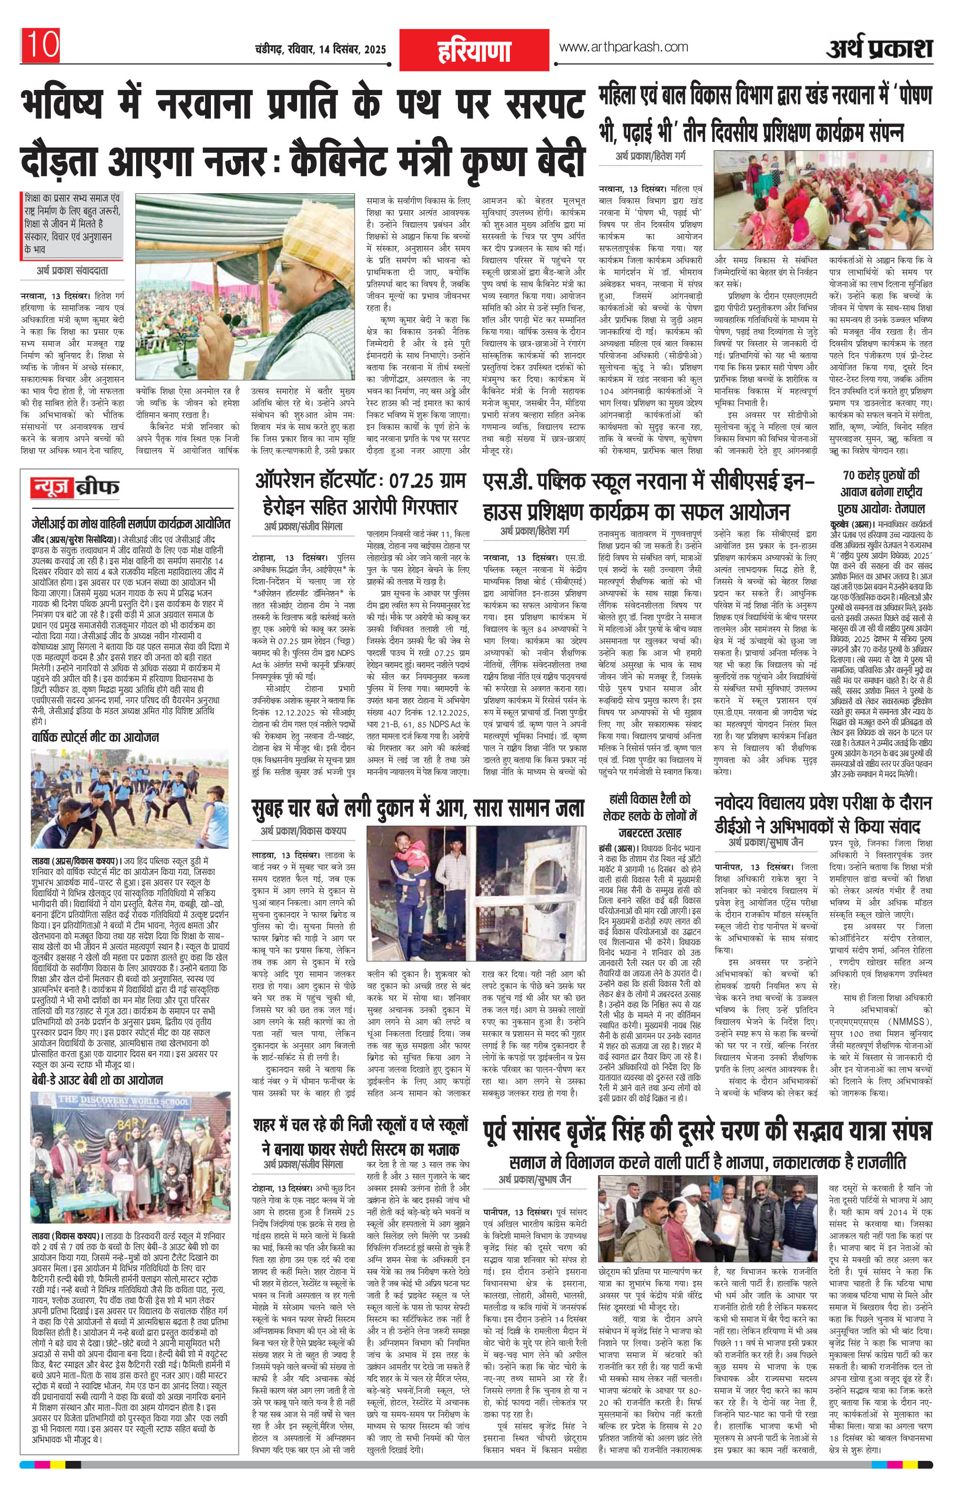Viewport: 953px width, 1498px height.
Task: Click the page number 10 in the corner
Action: pyautogui.click(x=42, y=45)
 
